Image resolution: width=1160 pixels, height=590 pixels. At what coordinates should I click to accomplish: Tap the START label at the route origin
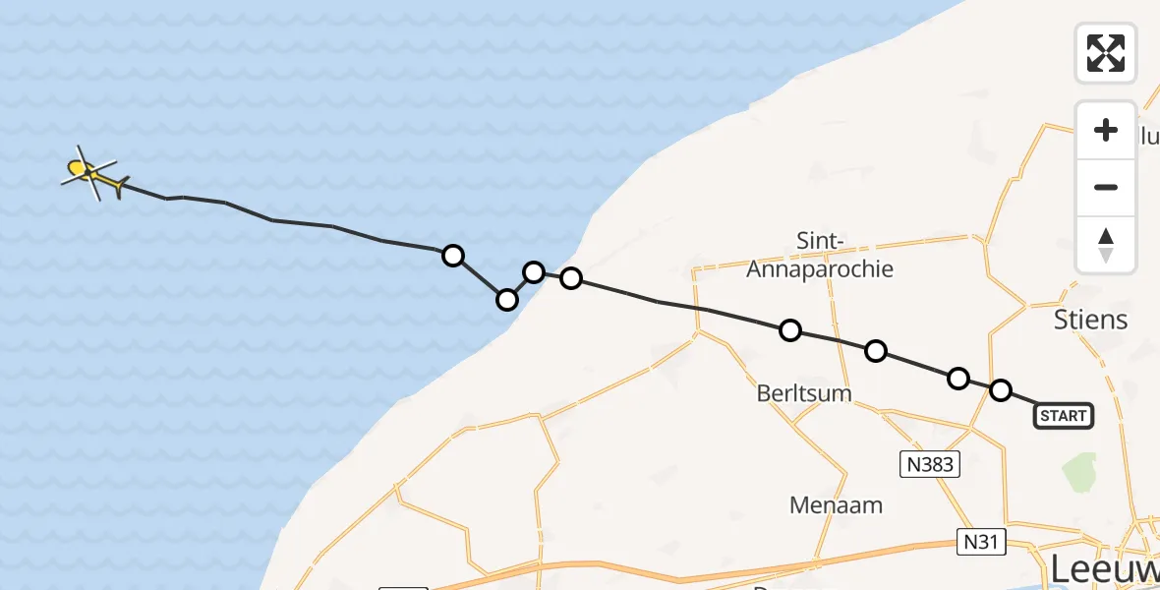click(1063, 416)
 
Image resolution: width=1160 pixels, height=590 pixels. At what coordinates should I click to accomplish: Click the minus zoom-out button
click(1106, 188)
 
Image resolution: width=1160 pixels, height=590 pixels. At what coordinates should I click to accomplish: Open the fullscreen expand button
click(1106, 53)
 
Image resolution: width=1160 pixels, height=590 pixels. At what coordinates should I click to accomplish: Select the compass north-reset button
click(1106, 245)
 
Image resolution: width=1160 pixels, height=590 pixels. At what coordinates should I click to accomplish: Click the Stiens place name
click(1090, 320)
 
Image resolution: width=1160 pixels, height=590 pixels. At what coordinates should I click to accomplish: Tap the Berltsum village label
click(803, 393)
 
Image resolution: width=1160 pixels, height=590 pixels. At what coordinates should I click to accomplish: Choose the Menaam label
click(836, 505)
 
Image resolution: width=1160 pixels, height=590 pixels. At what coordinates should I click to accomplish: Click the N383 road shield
click(930, 463)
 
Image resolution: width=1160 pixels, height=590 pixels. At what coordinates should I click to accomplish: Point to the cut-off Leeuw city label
click(1104, 568)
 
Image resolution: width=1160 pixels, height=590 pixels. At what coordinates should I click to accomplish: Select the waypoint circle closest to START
click(1000, 390)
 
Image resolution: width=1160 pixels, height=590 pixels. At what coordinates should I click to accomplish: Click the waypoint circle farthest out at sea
click(452, 256)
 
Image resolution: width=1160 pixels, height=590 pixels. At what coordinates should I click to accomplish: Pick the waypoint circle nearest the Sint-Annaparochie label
click(790, 330)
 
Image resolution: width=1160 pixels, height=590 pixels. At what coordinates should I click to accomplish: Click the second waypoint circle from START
click(957, 379)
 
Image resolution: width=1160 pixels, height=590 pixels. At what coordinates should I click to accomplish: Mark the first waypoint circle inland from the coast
click(570, 278)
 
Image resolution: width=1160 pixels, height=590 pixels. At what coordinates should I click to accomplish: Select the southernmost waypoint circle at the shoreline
click(506, 299)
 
